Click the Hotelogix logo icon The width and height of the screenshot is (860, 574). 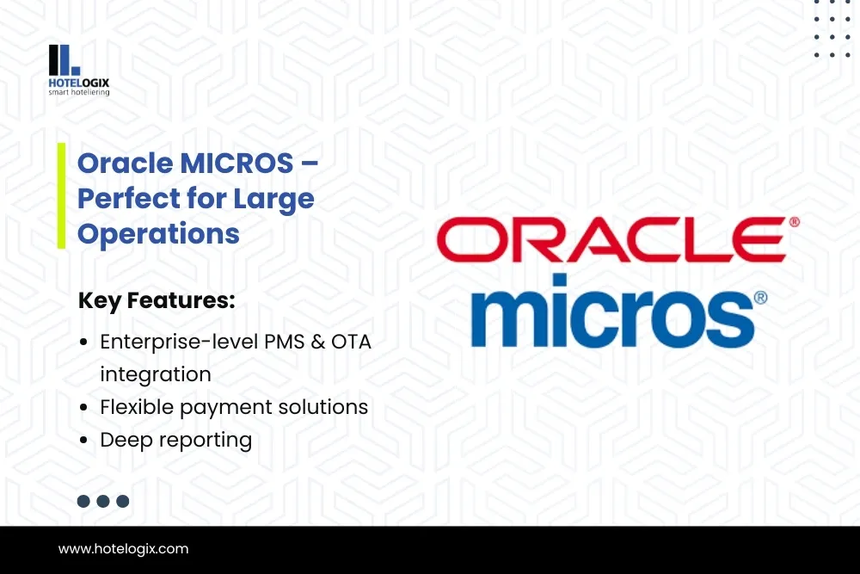click(64, 60)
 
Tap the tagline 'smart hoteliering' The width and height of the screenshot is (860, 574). click(79, 92)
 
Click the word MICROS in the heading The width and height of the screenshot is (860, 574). click(236, 163)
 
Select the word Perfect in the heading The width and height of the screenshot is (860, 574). click(128, 198)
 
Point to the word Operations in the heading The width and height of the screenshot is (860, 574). click(158, 234)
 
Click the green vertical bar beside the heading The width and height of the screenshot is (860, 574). click(61, 196)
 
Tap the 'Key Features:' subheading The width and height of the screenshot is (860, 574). click(157, 300)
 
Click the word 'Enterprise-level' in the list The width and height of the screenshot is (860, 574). click(179, 342)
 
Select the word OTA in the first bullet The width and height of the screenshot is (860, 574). click(351, 342)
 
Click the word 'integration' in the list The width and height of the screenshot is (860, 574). click(156, 374)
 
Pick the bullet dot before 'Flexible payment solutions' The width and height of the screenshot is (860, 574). click(83, 407)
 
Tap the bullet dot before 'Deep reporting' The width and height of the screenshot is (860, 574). click(83, 440)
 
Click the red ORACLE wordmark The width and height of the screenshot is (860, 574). click(611, 239)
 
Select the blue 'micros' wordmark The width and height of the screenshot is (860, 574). click(612, 312)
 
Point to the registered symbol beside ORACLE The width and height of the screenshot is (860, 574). click(794, 222)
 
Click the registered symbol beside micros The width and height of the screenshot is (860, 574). click(761, 298)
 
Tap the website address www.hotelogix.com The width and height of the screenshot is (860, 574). click(123, 549)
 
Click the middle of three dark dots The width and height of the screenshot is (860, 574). click(103, 501)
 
